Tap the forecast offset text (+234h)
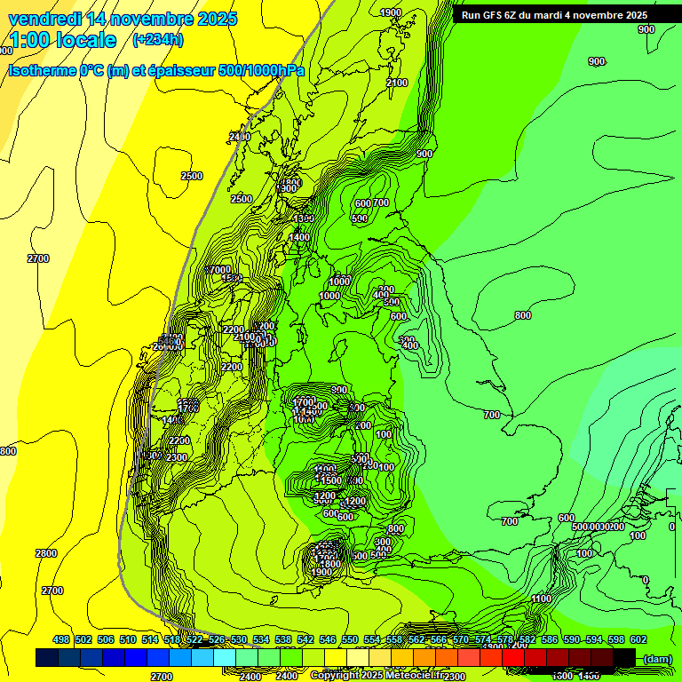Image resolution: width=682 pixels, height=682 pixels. [157, 39]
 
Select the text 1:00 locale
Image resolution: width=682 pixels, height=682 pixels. [62, 40]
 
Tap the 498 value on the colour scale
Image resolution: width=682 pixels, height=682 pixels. [61, 639]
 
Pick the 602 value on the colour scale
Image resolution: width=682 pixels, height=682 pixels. [638, 639]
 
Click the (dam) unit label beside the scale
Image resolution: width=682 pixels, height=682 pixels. [658, 658]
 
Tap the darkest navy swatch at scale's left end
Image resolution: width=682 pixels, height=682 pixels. [46, 657]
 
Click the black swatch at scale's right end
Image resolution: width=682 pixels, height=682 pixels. [624, 657]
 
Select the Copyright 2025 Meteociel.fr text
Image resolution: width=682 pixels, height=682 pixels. [377, 675]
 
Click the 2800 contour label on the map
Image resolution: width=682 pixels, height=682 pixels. [46, 553]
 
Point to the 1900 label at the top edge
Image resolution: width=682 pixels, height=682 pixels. [390, 12]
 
